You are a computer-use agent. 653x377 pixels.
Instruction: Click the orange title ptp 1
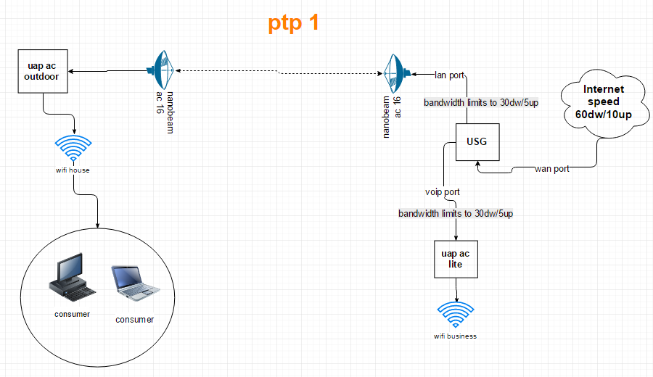[x=293, y=23]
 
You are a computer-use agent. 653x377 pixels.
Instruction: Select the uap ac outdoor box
[x=43, y=71]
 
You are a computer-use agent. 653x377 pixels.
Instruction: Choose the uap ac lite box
[x=456, y=260]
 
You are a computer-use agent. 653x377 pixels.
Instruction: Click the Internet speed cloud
[x=604, y=101]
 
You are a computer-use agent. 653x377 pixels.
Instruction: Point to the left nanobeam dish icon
[x=161, y=70]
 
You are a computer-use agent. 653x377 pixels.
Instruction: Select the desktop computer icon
[x=71, y=279]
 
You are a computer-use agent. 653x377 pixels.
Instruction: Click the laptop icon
[x=133, y=283]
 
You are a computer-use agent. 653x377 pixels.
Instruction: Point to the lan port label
[x=449, y=75]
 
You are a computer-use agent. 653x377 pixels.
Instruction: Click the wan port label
[x=552, y=170]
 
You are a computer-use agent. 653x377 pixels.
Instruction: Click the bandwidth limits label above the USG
[x=481, y=103]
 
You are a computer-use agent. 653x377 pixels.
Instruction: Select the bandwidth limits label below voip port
[x=456, y=214]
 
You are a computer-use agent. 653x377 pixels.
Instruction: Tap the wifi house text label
[x=73, y=170]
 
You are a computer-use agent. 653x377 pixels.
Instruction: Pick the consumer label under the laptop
[x=135, y=320]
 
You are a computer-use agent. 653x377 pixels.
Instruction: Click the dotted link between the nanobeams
[x=279, y=72]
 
